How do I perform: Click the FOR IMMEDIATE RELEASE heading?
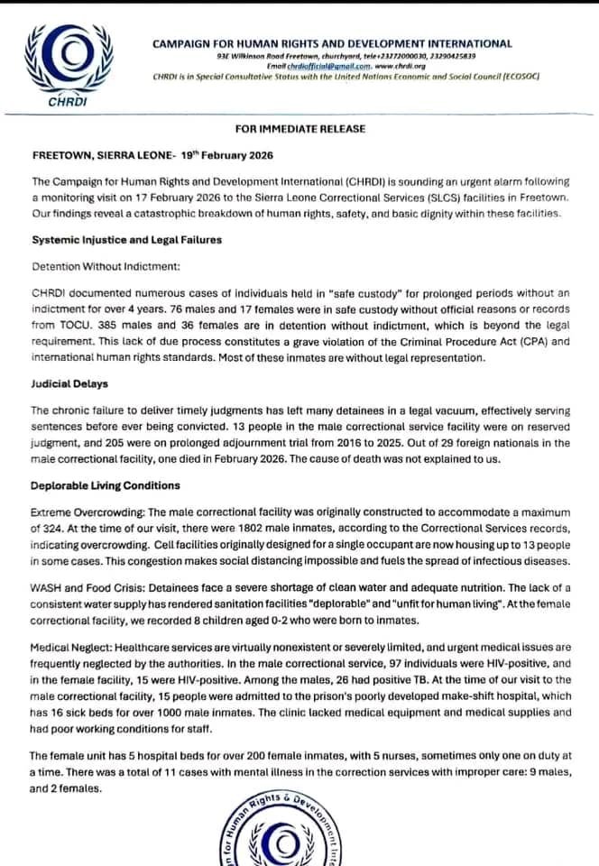point(300,129)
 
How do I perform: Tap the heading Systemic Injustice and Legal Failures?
point(126,241)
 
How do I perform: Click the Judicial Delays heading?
point(70,382)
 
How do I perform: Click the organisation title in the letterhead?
point(332,43)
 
